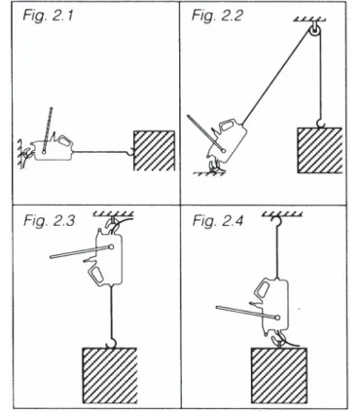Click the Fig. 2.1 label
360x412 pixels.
pyautogui.click(x=48, y=16)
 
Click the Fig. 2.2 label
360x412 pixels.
pyautogui.click(x=217, y=16)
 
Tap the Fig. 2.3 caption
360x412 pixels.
pyautogui.click(x=49, y=221)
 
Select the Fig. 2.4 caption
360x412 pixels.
pyautogui.click(x=218, y=221)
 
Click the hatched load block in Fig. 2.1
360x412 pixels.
pyautogui.click(x=155, y=151)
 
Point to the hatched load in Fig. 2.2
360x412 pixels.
pyautogui.click(x=319, y=150)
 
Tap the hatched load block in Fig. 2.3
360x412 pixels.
pyautogui.click(x=110, y=375)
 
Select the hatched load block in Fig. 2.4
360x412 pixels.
pyautogui.click(x=279, y=375)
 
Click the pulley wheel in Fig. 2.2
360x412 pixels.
pyautogui.click(x=314, y=31)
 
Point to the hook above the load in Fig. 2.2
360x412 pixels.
pyautogui.click(x=321, y=124)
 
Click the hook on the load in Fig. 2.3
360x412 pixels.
pyautogui.click(x=111, y=344)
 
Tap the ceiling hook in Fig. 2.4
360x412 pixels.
pyautogui.click(x=277, y=221)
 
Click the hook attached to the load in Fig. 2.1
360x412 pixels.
pyautogui.click(x=131, y=151)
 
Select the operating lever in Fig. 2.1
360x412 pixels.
pyautogui.click(x=48, y=130)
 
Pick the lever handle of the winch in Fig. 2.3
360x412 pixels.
pyautogui.click(x=82, y=252)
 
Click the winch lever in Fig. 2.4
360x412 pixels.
pyautogui.click(x=248, y=312)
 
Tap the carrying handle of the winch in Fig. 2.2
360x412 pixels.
pyautogui.click(x=228, y=125)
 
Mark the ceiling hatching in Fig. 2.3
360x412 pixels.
pyautogui.click(x=113, y=213)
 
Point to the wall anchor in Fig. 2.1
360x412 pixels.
pyautogui.click(x=22, y=153)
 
